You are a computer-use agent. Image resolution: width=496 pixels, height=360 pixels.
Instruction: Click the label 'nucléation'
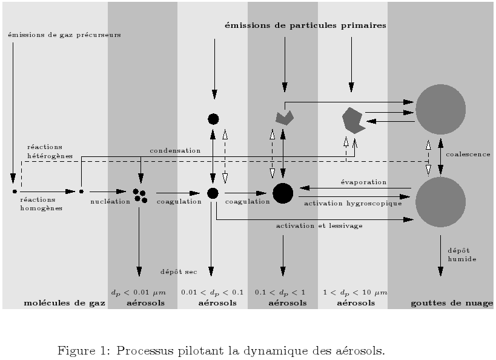[x=110, y=201]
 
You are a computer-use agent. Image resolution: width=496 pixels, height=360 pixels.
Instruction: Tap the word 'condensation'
[x=175, y=151]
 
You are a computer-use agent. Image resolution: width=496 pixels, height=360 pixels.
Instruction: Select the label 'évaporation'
[x=363, y=182]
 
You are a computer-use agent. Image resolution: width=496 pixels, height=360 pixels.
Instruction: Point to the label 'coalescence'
[x=468, y=154]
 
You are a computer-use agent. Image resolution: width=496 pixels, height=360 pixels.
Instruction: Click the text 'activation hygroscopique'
[x=352, y=203]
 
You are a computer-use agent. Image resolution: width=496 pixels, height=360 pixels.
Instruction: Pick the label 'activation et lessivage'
[x=319, y=225]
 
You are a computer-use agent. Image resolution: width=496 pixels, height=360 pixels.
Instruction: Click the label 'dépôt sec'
[x=179, y=272]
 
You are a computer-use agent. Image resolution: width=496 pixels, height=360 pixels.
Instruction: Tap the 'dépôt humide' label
[x=462, y=255]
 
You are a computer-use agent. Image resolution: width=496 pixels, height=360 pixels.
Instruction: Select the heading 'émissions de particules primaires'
[x=305, y=25]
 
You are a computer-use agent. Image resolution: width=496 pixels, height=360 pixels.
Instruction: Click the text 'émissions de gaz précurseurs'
[x=64, y=35]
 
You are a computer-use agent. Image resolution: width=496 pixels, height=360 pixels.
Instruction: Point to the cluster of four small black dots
[x=140, y=196]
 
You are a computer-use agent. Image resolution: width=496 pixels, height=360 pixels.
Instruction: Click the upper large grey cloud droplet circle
[x=440, y=109]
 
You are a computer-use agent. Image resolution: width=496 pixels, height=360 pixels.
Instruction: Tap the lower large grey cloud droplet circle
[x=440, y=202]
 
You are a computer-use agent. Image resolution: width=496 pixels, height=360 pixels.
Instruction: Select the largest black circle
[x=283, y=193]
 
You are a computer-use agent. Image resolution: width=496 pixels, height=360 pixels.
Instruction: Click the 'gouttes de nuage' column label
[x=452, y=303]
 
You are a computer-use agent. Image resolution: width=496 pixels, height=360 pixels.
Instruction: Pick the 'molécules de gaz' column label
[x=65, y=303]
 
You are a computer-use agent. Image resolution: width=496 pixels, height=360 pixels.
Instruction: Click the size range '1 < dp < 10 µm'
[x=355, y=293]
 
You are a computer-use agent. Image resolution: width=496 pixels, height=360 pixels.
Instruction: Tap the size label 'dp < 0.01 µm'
[x=138, y=293]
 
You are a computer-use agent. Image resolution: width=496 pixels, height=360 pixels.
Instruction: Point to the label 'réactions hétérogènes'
[x=50, y=152]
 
